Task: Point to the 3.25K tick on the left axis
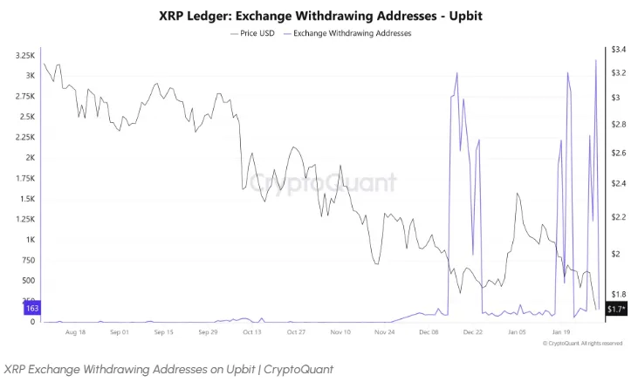pos(25,55)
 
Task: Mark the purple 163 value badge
pos(31,309)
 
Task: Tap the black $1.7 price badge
pos(616,309)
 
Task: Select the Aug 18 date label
pos(75,332)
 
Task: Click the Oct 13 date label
pos(251,332)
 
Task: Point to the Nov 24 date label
pos(385,332)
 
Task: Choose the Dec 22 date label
pos(473,332)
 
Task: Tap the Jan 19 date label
pos(561,332)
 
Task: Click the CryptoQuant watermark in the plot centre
pos(323,183)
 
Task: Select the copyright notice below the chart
pos(582,344)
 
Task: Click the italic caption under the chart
pos(168,369)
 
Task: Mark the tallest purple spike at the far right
pos(595,61)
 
